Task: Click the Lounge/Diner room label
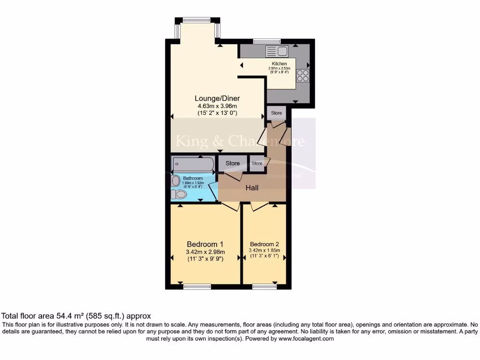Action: [217, 98]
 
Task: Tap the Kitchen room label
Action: [279, 64]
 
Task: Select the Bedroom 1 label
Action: [205, 244]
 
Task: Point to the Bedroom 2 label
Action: [264, 244]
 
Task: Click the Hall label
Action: [252, 188]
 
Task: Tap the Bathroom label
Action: [193, 179]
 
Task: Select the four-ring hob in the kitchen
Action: [302, 76]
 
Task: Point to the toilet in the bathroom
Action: [178, 194]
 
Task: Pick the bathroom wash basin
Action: [175, 180]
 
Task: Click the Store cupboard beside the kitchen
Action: [277, 113]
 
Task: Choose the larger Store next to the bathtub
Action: [232, 164]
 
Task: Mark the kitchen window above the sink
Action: [267, 41]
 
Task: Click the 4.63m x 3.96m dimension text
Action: [217, 106]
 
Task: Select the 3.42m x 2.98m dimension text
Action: [205, 252]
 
